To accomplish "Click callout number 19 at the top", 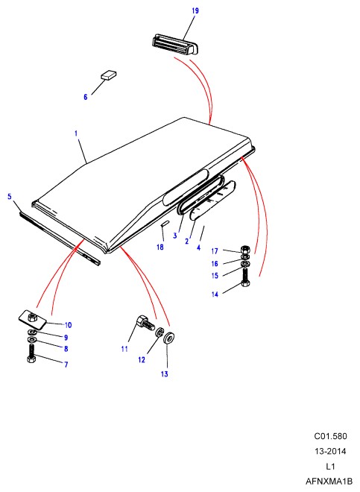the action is (195, 10).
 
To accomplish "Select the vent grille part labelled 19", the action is (175, 45).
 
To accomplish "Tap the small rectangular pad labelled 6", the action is (109, 75).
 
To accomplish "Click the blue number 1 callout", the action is (76, 133).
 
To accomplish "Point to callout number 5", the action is (10, 196).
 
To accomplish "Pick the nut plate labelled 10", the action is (32, 318).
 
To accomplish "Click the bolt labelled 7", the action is (31, 353).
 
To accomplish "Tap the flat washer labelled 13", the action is (169, 338).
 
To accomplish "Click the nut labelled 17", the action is (245, 250).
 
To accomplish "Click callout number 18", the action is (160, 247).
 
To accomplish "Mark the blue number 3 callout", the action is (175, 236).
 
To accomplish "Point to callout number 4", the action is (198, 247).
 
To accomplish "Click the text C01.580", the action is (330, 436).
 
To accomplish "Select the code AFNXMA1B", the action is (329, 481).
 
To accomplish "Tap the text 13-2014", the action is (330, 451).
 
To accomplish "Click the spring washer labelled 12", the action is (160, 332).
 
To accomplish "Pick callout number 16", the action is (215, 264).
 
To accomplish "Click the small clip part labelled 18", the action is (165, 223).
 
